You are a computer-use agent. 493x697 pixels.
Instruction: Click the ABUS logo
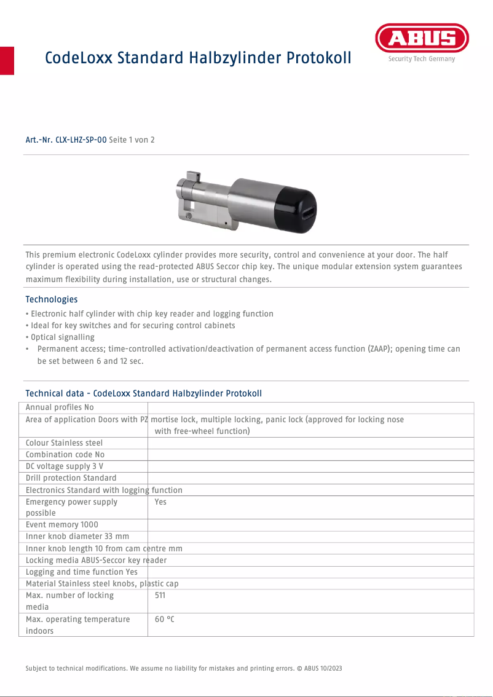[422, 39]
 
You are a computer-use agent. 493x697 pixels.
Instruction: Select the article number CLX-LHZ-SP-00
[81, 140]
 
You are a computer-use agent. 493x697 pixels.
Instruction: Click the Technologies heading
[51, 299]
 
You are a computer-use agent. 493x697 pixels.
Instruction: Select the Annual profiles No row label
[60, 408]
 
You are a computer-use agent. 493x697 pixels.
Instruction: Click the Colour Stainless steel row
[64, 443]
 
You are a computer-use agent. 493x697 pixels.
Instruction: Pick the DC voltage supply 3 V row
[65, 467]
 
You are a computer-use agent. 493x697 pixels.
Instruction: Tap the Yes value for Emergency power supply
[160, 502]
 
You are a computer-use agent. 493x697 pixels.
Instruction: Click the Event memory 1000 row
[61, 525]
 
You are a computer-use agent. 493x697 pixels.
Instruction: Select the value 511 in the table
[160, 596]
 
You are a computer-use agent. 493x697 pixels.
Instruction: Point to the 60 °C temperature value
[164, 620]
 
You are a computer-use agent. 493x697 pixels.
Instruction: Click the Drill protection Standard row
[71, 478]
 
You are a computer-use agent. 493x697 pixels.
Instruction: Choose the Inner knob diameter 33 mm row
[77, 537]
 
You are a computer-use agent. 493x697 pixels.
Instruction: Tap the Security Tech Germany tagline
[422, 59]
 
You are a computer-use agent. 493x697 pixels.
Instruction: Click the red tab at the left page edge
[7, 60]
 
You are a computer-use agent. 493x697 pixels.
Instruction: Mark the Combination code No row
[65, 455]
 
